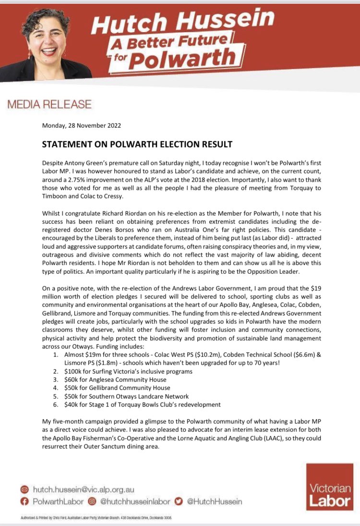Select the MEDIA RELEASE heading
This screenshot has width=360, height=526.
[48, 104]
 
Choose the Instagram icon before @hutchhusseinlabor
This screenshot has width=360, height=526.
[91, 502]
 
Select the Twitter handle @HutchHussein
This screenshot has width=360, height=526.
[214, 502]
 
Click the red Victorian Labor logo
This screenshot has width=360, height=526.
[330, 486]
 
